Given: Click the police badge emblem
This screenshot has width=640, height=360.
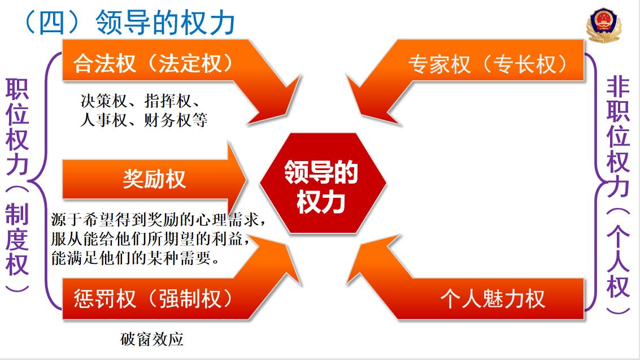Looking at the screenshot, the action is (603, 24).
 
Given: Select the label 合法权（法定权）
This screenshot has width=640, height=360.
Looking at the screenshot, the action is (153, 63).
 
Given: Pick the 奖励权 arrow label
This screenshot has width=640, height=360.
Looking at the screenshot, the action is (155, 179).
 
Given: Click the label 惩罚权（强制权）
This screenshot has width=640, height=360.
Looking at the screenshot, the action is (153, 298).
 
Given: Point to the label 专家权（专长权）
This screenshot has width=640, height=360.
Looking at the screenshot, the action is (487, 64).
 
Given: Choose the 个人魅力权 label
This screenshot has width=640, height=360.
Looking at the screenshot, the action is (493, 298).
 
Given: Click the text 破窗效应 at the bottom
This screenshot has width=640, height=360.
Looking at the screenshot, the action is (152, 339).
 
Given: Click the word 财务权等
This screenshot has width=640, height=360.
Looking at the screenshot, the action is (176, 120).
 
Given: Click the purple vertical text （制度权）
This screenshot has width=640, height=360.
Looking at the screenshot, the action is (17, 238).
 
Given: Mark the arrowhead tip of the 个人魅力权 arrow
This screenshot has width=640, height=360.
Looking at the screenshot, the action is (346, 284).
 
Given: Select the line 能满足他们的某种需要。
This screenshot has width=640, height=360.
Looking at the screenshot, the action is (136, 258).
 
